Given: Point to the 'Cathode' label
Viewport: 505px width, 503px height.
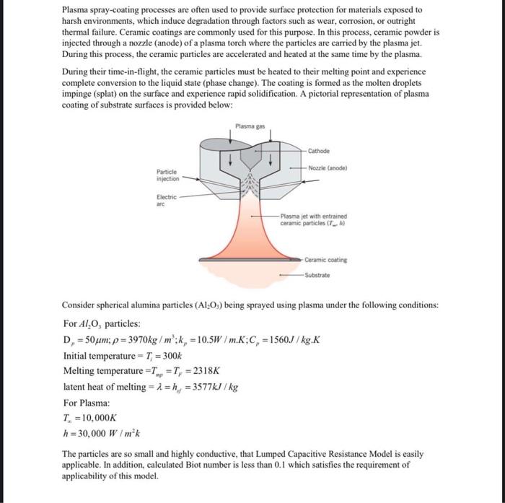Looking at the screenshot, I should click(319, 151).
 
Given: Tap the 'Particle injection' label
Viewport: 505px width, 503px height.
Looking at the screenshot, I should click(168, 175).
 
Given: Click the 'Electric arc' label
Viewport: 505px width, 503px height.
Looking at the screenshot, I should click(167, 200).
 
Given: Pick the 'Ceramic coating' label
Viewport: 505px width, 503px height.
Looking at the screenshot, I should click(325, 260).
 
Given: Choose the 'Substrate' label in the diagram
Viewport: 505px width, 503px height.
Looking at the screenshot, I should click(318, 274).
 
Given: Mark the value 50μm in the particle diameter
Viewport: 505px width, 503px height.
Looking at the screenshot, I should click(92, 339).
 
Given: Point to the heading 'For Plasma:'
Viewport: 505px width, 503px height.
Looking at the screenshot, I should click(87, 402).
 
